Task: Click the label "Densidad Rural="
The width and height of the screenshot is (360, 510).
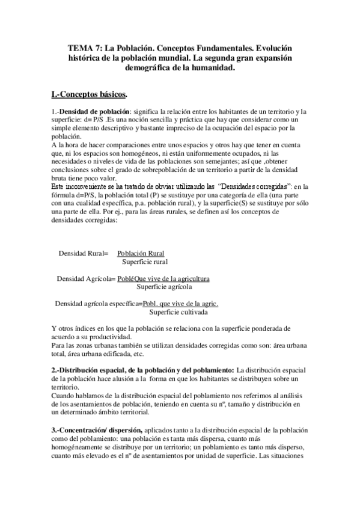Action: tap(84, 254)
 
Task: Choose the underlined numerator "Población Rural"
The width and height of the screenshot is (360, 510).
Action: tap(141, 254)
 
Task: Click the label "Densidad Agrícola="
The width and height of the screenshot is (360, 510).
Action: tap(86, 278)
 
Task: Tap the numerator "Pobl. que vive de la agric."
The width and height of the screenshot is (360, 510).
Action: tap(180, 304)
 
